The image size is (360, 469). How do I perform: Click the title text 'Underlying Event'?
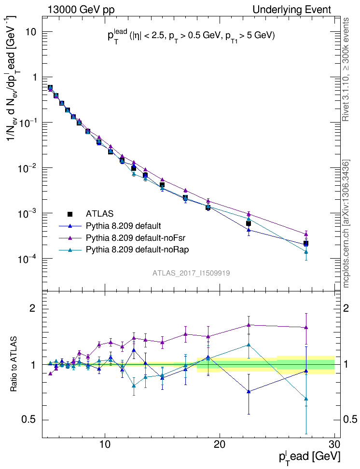click(x=292, y=10)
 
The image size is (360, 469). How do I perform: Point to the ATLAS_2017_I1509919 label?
click(x=191, y=273)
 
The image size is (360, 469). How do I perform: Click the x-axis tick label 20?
click(x=220, y=444)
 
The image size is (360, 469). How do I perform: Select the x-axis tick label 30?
click(x=334, y=444)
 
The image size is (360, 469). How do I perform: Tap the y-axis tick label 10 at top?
click(x=32, y=32)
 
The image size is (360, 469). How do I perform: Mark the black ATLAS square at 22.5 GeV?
click(x=249, y=223)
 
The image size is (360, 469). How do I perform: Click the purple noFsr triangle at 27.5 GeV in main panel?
click(x=306, y=234)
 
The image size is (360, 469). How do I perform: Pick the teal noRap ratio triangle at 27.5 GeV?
click(x=306, y=399)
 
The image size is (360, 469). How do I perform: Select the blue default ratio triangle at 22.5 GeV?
click(x=249, y=391)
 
